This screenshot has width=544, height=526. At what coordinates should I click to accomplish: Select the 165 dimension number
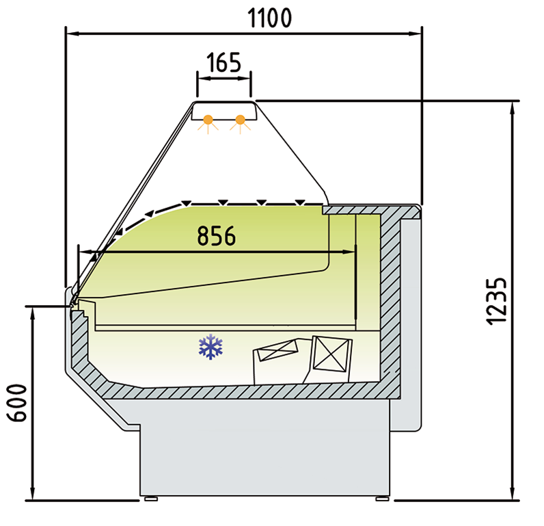point(223,62)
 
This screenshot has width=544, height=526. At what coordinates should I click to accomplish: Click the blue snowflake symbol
point(211,347)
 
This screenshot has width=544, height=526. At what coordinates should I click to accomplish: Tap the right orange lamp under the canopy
point(240,121)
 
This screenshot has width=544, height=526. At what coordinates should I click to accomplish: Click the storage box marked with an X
point(331,355)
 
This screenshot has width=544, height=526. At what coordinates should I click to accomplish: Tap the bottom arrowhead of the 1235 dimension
point(512,494)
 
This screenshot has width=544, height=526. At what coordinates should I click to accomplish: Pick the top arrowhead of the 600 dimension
point(32,312)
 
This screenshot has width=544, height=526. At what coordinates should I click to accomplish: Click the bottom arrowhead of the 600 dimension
point(32,494)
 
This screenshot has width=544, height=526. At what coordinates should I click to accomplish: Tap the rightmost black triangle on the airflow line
point(299,202)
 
